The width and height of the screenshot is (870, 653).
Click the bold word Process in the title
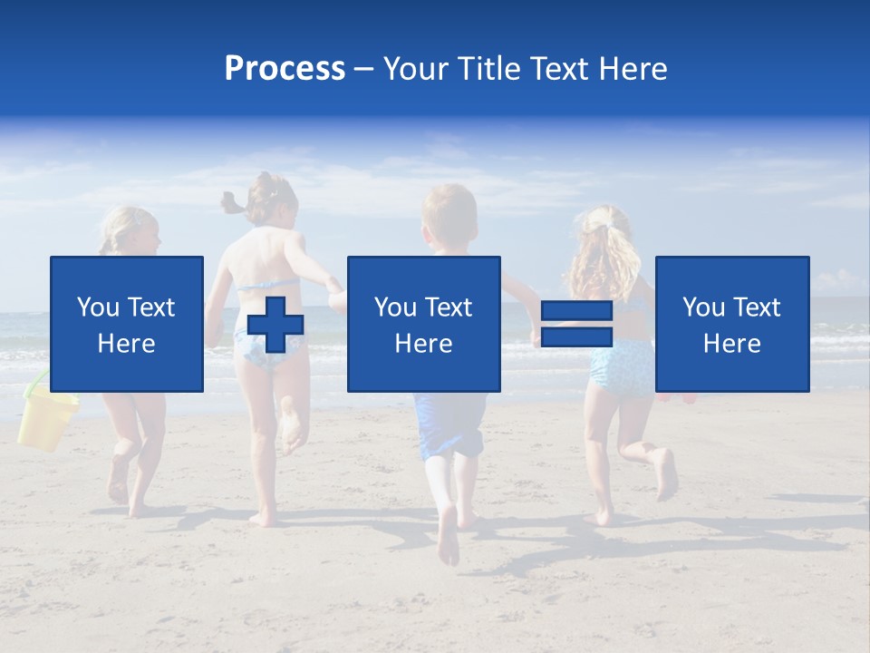tap(285, 68)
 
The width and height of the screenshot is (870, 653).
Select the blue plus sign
tap(275, 325)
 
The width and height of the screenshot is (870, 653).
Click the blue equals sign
tap(576, 325)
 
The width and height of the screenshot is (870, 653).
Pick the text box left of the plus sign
tap(126, 324)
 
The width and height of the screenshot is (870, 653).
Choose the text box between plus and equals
tap(423, 324)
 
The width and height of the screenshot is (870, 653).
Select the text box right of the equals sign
tap(731, 324)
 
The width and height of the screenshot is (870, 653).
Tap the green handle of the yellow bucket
tap(34, 385)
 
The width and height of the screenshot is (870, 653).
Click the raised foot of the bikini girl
tap(291, 426)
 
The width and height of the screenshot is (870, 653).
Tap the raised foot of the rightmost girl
tap(666, 473)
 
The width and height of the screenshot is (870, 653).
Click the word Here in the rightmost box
tap(731, 343)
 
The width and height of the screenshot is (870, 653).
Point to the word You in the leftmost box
tap(98, 307)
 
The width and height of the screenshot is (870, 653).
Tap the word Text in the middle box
tap(449, 307)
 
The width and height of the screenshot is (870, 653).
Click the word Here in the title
tap(634, 68)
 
